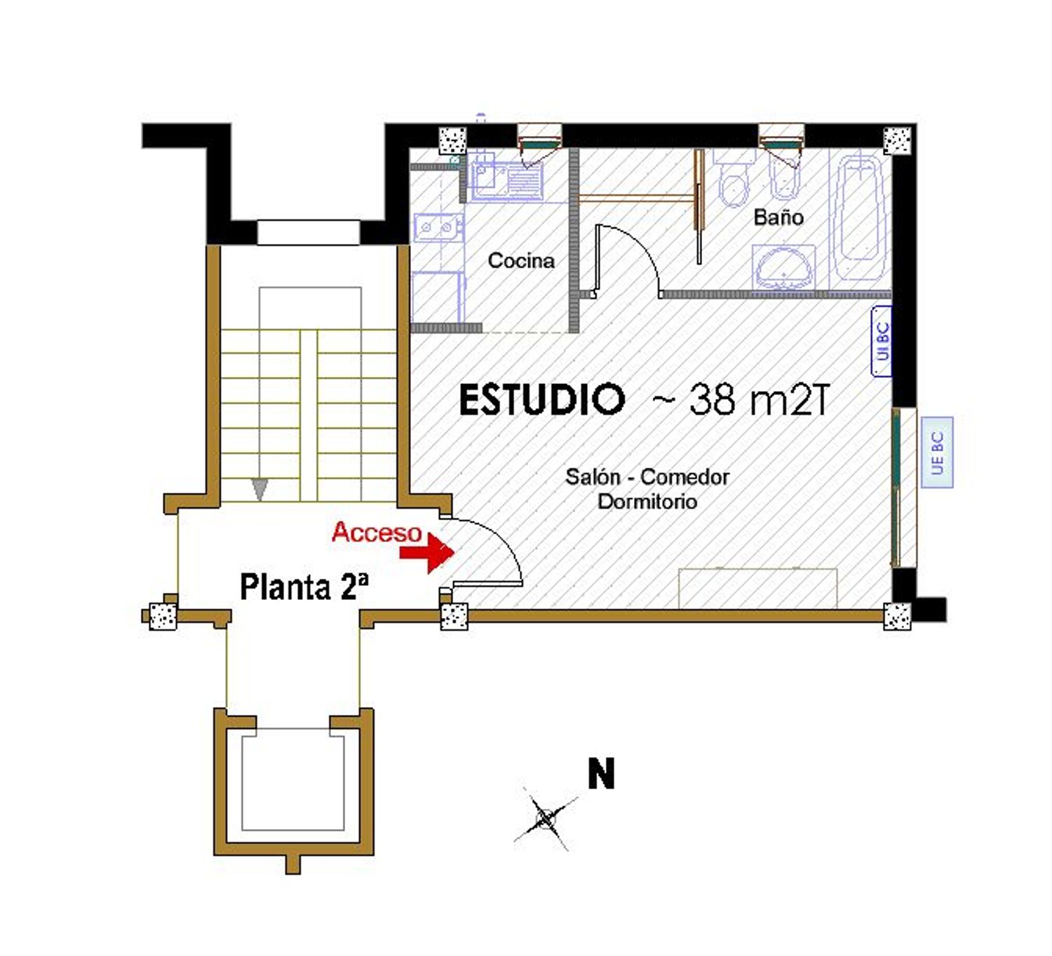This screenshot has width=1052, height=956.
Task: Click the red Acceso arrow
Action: tap(428, 552)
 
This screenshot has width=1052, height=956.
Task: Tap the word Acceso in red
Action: tap(377, 532)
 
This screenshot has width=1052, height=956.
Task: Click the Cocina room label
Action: tap(520, 261)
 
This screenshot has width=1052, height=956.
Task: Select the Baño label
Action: tap(778, 217)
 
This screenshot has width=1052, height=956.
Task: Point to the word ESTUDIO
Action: tap(541, 400)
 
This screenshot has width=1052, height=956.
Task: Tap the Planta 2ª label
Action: tap(304, 587)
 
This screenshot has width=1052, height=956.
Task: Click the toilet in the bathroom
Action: tap(734, 182)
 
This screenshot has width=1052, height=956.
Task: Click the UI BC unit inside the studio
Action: tap(882, 341)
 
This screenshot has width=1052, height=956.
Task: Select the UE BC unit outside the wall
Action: tap(937, 453)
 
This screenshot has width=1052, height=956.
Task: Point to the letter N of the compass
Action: tap(601, 774)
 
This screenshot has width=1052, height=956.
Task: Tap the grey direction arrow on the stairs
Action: tap(259, 489)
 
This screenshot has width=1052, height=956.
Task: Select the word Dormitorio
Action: tap(647, 502)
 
